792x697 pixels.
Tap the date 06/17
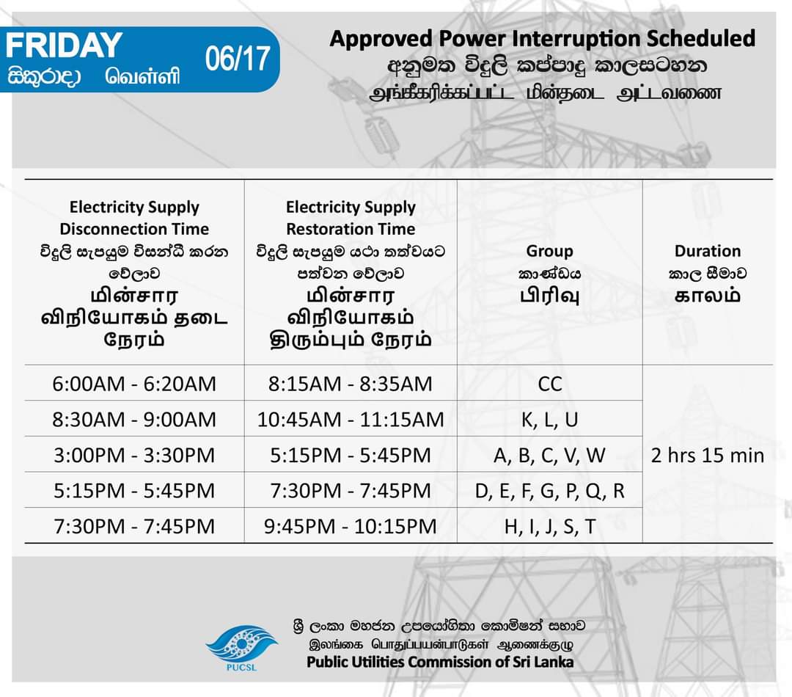click(x=238, y=59)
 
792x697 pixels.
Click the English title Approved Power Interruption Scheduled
click(x=542, y=38)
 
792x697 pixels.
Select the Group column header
click(x=549, y=251)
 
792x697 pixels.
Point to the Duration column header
click(x=708, y=251)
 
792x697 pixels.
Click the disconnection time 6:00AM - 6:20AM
click(x=134, y=384)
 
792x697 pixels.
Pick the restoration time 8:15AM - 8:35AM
click(x=351, y=384)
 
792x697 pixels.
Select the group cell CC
click(x=549, y=384)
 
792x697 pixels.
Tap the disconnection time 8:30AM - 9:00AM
click(x=134, y=420)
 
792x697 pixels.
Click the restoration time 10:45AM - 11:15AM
click(x=351, y=420)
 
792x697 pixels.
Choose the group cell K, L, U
click(x=549, y=420)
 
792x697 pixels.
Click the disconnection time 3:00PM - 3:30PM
click(x=134, y=456)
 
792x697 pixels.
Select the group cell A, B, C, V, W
click(x=549, y=456)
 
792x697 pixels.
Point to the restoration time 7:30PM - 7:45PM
click(x=351, y=491)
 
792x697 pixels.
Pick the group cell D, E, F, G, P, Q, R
click(x=549, y=491)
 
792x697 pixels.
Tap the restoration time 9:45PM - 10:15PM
click(x=351, y=527)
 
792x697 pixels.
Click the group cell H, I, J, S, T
click(x=549, y=527)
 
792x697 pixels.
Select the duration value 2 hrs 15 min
click(x=708, y=456)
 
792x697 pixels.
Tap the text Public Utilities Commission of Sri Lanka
click(x=440, y=662)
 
